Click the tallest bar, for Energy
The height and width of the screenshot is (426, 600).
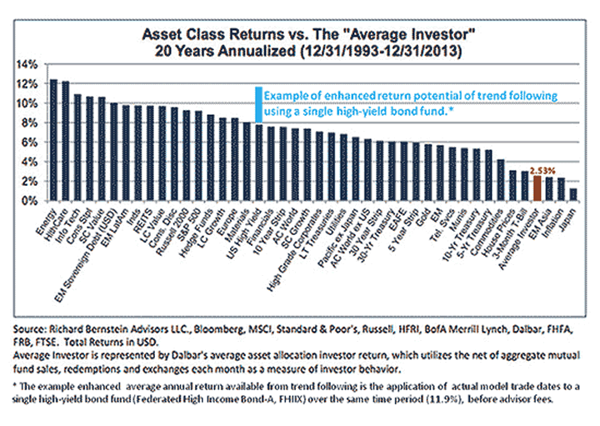[54, 140]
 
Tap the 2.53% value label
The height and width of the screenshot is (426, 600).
[539, 169]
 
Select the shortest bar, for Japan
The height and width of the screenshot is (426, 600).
[572, 195]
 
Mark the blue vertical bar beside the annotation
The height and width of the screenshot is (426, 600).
[259, 103]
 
